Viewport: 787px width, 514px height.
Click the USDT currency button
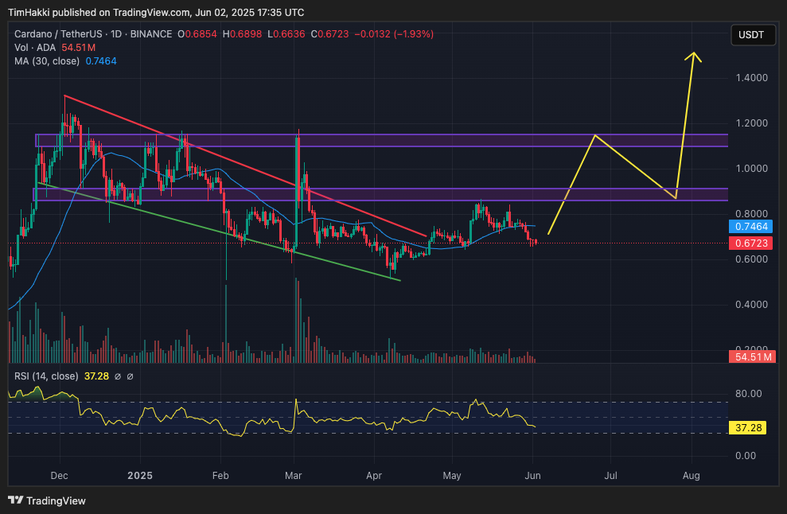[x=751, y=34]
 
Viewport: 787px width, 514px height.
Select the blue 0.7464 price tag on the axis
[x=750, y=227]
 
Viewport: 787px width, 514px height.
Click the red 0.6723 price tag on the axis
[x=750, y=243]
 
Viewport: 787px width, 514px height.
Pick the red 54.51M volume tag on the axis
[x=751, y=357]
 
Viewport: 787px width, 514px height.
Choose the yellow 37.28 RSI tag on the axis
[x=749, y=428]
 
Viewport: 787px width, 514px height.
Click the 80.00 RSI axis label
[x=748, y=394]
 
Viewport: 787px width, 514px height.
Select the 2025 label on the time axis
[x=140, y=476]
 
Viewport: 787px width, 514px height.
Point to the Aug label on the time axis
[x=691, y=476]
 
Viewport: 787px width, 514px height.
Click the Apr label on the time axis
[x=374, y=476]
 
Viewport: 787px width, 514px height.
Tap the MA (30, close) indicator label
[x=46, y=60]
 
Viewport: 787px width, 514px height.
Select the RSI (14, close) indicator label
[x=46, y=376]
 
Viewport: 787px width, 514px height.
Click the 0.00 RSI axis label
[x=748, y=456]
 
